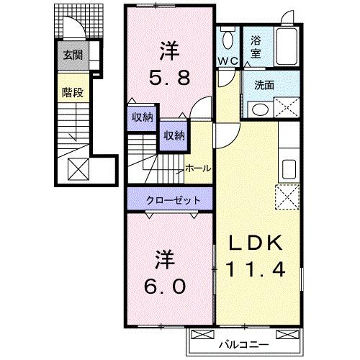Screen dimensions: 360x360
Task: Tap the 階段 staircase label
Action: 71,92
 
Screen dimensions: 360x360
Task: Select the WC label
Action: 229,60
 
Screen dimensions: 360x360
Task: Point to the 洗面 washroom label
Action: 264,84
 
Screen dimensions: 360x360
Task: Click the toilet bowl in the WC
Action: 229,40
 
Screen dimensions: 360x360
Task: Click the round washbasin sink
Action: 258,109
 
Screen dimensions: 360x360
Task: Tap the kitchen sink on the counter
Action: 289,170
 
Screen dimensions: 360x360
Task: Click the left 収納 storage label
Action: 141,117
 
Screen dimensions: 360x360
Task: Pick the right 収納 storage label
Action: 173,135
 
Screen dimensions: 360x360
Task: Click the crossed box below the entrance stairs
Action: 77,168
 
